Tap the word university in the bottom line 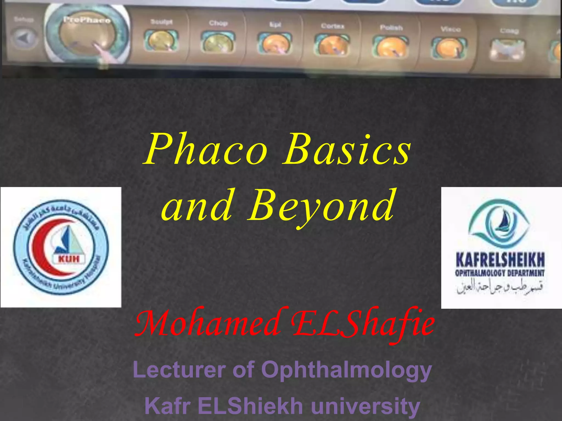click(365, 406)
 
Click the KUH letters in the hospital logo click(69, 259)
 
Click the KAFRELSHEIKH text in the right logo click(500, 260)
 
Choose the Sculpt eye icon click(161, 41)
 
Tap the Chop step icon click(218, 42)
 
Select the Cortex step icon click(332, 45)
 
